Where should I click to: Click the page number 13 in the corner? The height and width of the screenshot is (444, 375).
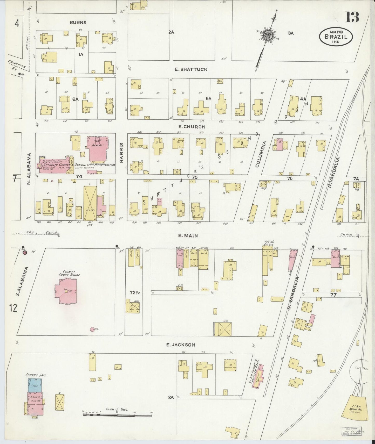(x=352, y=17)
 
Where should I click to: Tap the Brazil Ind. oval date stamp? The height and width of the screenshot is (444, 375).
(x=336, y=37)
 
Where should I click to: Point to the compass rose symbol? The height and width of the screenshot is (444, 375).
(x=268, y=35)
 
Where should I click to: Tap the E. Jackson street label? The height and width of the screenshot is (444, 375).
(x=181, y=345)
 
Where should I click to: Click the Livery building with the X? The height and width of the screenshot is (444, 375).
(x=90, y=203)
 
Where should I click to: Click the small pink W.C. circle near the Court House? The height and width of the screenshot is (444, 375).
(x=92, y=329)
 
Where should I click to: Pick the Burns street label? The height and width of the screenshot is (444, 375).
(x=78, y=23)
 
